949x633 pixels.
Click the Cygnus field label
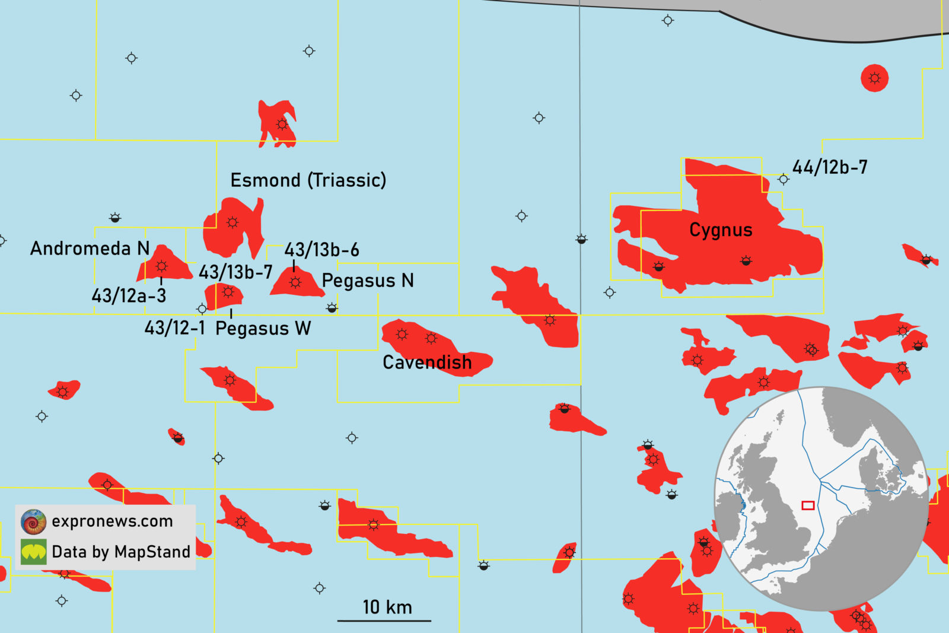pos(721,230)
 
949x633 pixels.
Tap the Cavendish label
pos(427,362)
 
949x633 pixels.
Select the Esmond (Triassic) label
pos(308,180)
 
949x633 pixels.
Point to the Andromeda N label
pos(90,248)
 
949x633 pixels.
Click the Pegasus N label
pos(368,281)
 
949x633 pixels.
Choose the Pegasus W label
pos(263,328)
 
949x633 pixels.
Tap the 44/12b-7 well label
pos(830,167)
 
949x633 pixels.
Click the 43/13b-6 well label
pos(322,250)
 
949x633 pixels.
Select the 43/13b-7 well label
pos(235,272)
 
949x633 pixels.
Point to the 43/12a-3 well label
pos(129,295)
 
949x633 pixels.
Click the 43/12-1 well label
pos(175,327)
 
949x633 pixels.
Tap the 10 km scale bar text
pos(387,607)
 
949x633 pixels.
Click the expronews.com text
pos(112,521)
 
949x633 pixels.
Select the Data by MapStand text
pos(121,552)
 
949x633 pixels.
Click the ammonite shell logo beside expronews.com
pos(33,521)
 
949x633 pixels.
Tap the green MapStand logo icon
pos(33,552)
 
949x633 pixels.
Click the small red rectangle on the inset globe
pos(808,505)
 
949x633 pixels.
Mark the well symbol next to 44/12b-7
pos(784,179)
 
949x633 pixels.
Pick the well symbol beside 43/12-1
pos(202,308)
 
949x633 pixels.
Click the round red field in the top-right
pos(874,78)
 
